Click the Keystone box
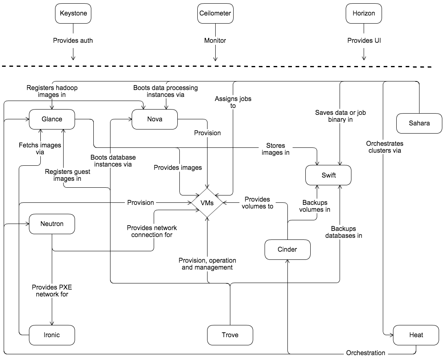tap(73, 13)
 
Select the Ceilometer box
tap(215, 13)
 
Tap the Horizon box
tap(363, 13)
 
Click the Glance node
tap(52, 119)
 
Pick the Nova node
tap(155, 119)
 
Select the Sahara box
tap(419, 123)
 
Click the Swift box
tap(328, 176)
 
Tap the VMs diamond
tap(208, 202)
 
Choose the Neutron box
tap(52, 224)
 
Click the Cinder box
tap(287, 250)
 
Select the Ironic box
tap(52, 335)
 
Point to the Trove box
tap(230, 335)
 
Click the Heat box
tap(416, 335)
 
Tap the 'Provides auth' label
tap(73, 41)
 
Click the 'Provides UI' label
tap(363, 41)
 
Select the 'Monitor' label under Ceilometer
tap(215, 41)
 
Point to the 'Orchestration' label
tap(365, 353)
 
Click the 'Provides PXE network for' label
tap(52, 290)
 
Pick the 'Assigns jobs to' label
tap(233, 102)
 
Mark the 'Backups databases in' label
tap(346, 232)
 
